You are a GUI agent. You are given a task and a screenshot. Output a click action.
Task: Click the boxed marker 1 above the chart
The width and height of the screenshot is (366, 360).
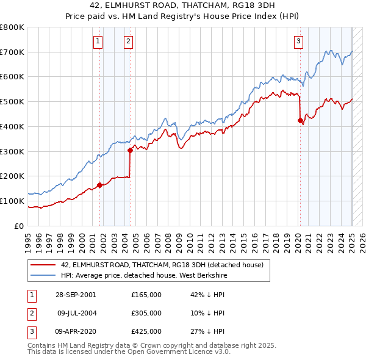click(x=98, y=41)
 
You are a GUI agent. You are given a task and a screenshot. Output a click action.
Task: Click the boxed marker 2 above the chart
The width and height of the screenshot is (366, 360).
click(x=129, y=41)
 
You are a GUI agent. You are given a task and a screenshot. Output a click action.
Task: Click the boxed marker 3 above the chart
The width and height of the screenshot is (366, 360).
click(x=298, y=41)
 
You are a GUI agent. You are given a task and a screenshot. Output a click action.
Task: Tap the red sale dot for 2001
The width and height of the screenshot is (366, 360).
click(x=99, y=185)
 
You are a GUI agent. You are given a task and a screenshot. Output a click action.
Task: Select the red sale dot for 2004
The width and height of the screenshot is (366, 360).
click(x=130, y=150)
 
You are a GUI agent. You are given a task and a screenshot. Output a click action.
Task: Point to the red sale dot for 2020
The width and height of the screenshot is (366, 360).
click(x=300, y=120)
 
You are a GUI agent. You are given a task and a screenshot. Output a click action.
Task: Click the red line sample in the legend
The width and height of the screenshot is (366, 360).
click(x=43, y=265)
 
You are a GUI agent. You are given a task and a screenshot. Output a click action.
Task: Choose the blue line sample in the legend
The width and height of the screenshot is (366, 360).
click(x=43, y=275)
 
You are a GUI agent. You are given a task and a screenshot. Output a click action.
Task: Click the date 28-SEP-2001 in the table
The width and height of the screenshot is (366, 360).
click(x=76, y=295)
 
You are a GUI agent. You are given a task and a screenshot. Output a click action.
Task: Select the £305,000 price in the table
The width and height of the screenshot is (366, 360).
click(x=146, y=313)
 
